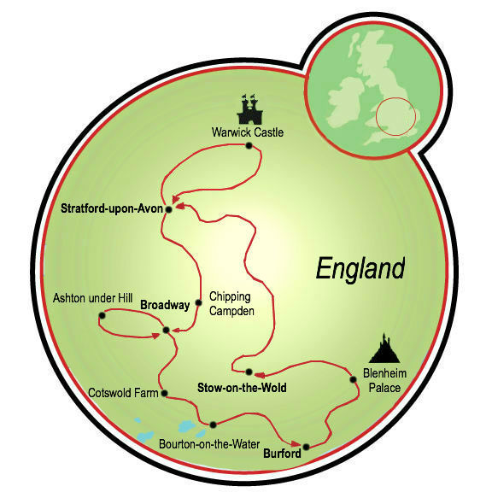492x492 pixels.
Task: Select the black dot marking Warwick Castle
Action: point(249,146)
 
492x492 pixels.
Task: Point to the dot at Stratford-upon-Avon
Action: point(169,209)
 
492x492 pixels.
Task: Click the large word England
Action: point(359,268)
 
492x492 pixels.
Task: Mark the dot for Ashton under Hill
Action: point(102,316)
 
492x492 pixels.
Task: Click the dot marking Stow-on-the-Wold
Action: point(249,372)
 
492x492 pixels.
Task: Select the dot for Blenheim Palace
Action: point(353,379)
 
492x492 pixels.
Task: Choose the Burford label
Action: point(281,454)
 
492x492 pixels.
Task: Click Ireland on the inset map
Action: point(353,87)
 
